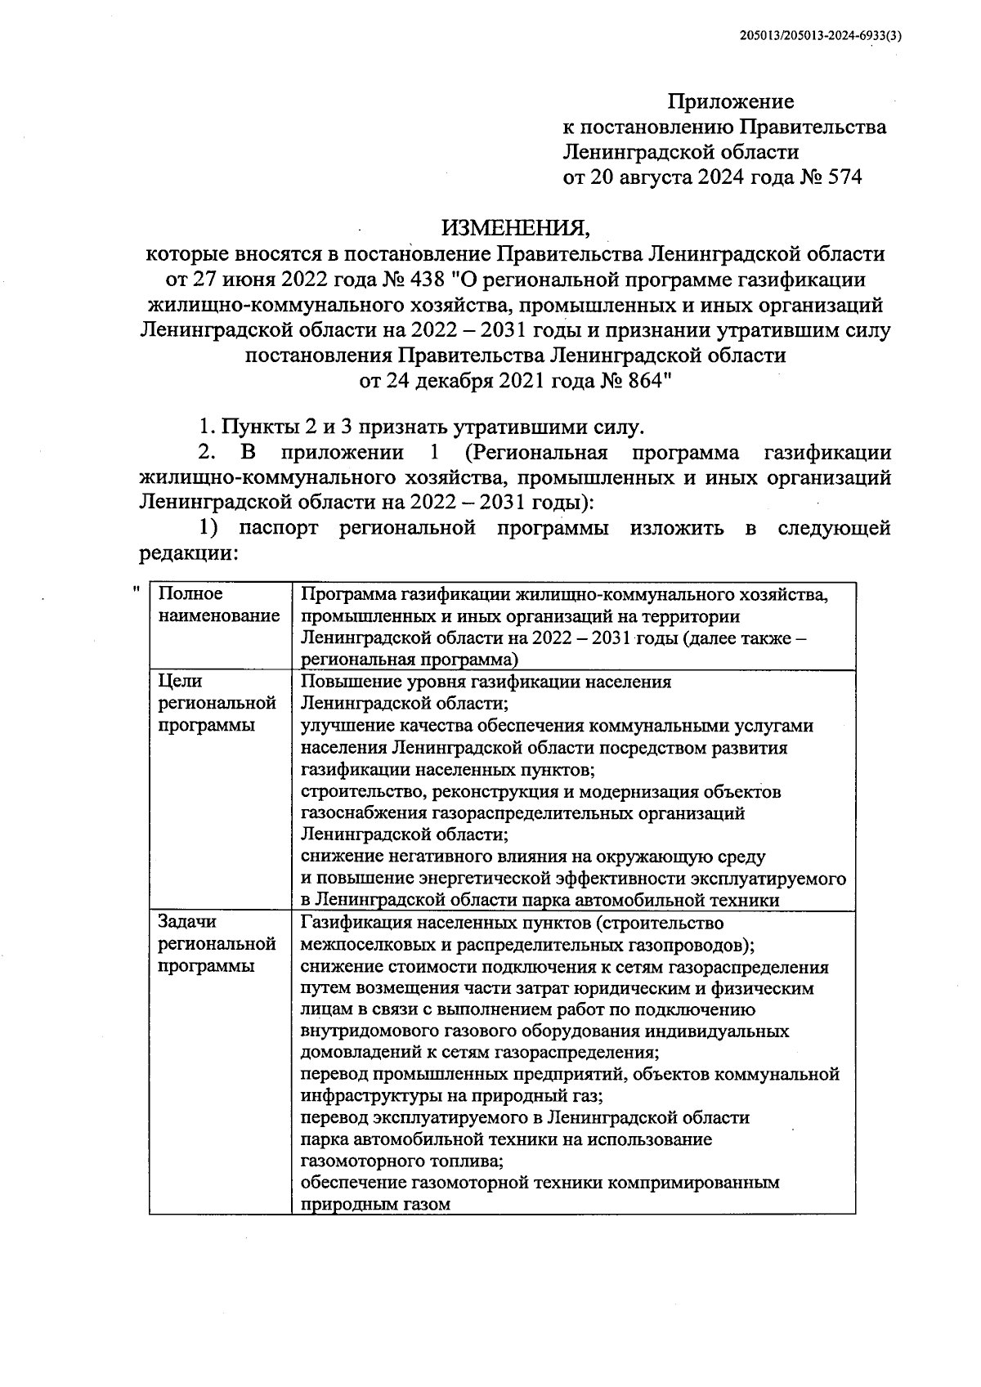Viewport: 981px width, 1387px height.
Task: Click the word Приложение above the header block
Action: point(731,102)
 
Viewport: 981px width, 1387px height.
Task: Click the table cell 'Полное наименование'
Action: point(218,605)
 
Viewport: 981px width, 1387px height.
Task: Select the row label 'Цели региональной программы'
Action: point(217,704)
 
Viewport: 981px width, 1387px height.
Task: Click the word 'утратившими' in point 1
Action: point(514,427)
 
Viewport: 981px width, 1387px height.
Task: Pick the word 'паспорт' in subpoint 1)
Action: point(278,528)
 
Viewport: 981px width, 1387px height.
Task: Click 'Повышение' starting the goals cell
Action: point(343,682)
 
